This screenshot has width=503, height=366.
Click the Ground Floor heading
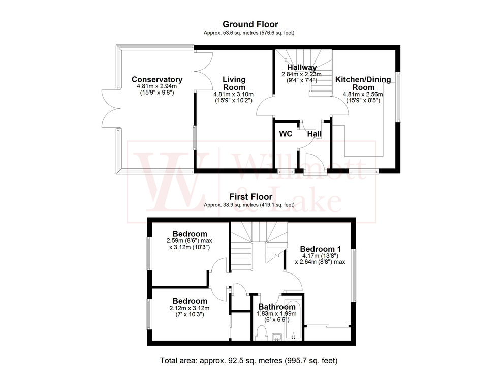click(250, 24)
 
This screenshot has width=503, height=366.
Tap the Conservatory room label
click(156, 79)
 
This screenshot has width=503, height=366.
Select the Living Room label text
click(234, 83)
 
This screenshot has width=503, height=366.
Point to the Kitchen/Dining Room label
click(362, 83)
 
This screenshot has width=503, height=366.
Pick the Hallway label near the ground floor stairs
click(302, 67)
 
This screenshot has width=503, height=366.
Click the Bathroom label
click(277, 307)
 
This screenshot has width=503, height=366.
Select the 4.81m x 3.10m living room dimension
click(234, 94)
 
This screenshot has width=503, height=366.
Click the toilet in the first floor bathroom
click(262, 333)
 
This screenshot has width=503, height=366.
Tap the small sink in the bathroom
click(277, 337)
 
